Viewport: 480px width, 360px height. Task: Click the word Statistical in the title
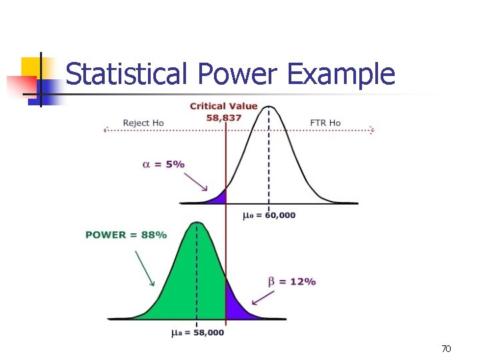tap(124, 74)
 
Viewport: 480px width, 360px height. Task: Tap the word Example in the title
tap(341, 74)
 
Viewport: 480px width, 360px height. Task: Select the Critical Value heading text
tap(223, 106)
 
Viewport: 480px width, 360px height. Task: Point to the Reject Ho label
tap(143, 123)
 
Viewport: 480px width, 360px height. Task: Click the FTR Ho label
tap(325, 123)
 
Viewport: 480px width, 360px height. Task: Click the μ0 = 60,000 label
tap(269, 215)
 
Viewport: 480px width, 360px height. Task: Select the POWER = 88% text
tap(126, 235)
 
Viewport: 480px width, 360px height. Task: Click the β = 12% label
tap(292, 281)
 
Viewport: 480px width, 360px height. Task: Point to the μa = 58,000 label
tap(197, 332)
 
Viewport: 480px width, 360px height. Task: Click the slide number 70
tap(446, 349)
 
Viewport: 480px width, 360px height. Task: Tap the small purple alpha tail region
tap(220, 197)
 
